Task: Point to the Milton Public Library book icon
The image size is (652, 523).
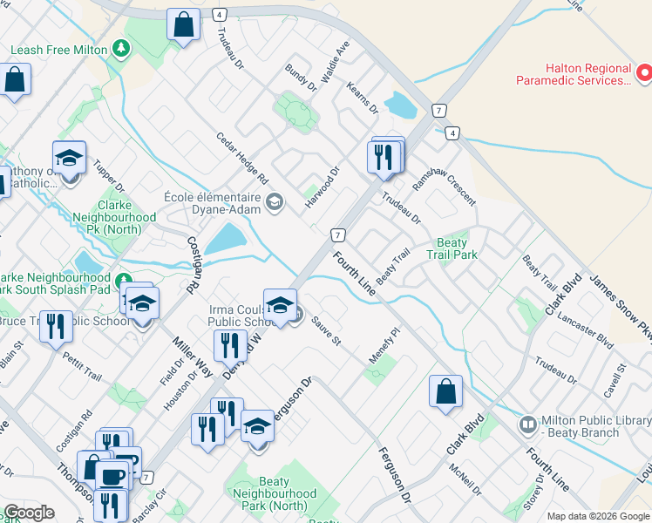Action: click(x=527, y=425)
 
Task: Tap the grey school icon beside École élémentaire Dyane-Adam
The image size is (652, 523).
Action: click(x=275, y=203)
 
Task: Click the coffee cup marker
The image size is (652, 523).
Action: click(x=111, y=476)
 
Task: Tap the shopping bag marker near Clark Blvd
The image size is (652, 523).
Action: click(x=445, y=391)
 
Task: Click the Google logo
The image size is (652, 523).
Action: click(x=28, y=513)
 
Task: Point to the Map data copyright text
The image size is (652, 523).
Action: click(x=598, y=516)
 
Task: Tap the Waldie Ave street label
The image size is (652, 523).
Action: click(x=335, y=61)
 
